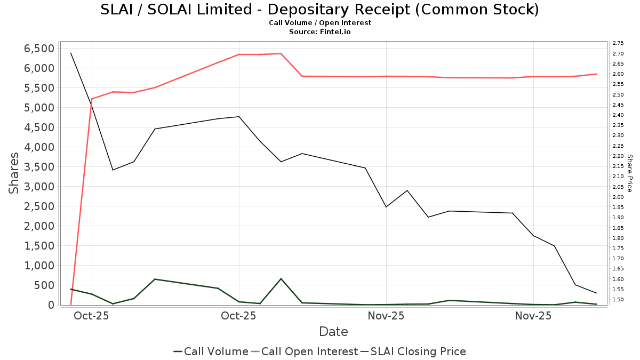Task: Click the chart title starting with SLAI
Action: tap(319, 10)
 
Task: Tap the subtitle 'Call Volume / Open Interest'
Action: tap(319, 23)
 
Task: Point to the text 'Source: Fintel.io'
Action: tap(319, 32)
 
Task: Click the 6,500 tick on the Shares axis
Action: tap(39, 49)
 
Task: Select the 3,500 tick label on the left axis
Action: tap(39, 167)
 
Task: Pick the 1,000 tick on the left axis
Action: tap(39, 266)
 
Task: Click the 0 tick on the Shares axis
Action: tap(51, 305)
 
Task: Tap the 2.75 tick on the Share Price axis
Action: tap(619, 43)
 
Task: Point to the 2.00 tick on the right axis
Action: tap(619, 197)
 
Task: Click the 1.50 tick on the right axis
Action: tap(619, 300)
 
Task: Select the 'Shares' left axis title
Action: tap(14, 173)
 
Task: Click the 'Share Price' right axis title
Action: tap(629, 173)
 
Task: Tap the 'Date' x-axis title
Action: tap(333, 332)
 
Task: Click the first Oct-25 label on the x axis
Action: tap(92, 316)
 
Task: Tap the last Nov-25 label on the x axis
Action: tap(533, 316)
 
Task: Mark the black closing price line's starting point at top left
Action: tap(71, 53)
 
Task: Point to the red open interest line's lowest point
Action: tap(71, 305)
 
